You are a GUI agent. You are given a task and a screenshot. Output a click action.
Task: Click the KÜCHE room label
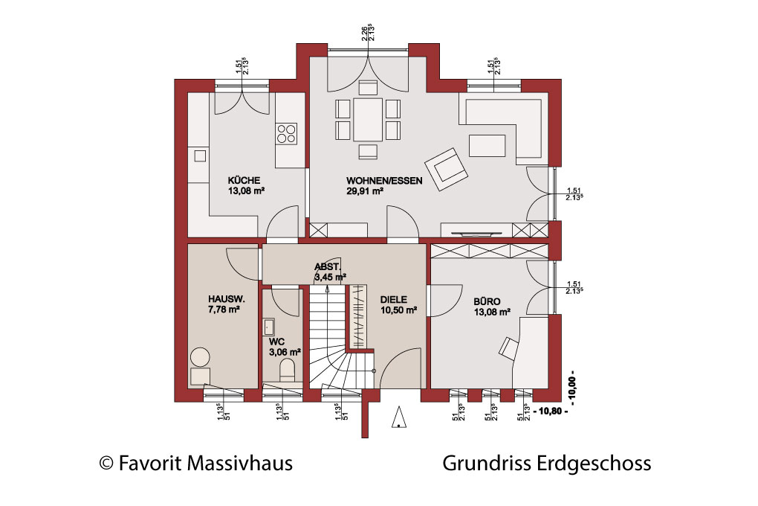pyautogui.click(x=244, y=181)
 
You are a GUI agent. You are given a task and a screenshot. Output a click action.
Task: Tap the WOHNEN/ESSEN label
pyautogui.click(x=384, y=181)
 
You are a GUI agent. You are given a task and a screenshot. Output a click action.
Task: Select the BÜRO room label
pyautogui.click(x=487, y=301)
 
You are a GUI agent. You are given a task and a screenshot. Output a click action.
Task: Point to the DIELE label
pyautogui.click(x=394, y=300)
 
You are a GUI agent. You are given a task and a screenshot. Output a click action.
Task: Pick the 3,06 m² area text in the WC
pyautogui.click(x=285, y=352)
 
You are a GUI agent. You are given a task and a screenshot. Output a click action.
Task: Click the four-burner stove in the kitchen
pyautogui.click(x=285, y=134)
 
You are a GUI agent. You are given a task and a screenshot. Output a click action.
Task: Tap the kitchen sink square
pyautogui.click(x=200, y=156)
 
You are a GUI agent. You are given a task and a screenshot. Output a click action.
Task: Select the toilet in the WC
pyautogui.click(x=288, y=370)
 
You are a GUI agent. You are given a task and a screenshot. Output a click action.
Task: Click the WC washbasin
pyautogui.click(x=269, y=327)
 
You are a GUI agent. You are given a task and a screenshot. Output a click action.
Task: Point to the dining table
pyautogui.click(x=367, y=119)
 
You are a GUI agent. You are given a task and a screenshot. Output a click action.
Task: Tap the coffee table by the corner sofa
pyautogui.click(x=487, y=146)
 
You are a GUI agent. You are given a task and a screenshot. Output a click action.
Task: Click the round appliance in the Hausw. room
pyautogui.click(x=200, y=358)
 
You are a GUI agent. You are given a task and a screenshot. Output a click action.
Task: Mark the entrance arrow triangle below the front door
pyautogui.click(x=399, y=417)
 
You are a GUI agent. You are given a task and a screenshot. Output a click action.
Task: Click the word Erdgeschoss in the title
pyautogui.click(x=594, y=464)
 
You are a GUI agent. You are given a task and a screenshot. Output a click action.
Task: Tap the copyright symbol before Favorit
pyautogui.click(x=106, y=464)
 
